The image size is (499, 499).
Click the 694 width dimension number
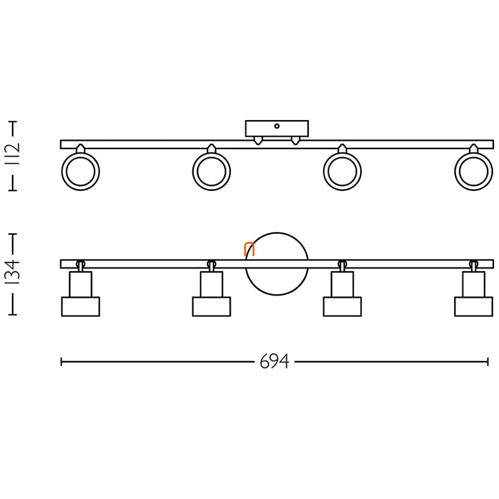tap(274, 361)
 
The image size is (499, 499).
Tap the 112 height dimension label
tap(13, 154)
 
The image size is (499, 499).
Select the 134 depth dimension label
tap(13, 272)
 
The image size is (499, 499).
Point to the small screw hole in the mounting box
tap(277, 126)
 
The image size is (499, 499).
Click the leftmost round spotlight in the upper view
tap(81, 171)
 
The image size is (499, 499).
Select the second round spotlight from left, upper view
tap(211, 171)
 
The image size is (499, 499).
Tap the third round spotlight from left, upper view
tap(342, 171)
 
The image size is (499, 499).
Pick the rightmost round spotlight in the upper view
tap(473, 171)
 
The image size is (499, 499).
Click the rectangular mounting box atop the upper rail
tap(277, 128)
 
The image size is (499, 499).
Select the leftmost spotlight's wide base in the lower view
tap(81, 307)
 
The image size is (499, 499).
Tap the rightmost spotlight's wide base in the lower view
tap(473, 307)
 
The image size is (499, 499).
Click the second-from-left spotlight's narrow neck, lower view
tap(211, 284)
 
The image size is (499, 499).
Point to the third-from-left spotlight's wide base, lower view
tap(342, 307)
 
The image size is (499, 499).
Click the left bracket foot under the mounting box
tap(258, 140)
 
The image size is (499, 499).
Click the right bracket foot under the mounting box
tap(295, 140)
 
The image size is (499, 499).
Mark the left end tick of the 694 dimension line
tap(61, 362)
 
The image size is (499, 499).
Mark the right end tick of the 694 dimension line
tap(488, 362)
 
